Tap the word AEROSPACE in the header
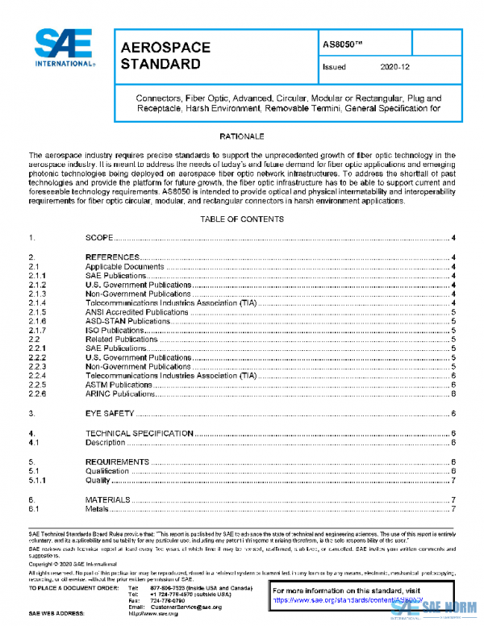click(x=165, y=48)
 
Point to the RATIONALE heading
click(x=242, y=136)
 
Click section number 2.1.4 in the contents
click(x=37, y=302)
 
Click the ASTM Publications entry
click(x=119, y=385)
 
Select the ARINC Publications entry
click(x=121, y=394)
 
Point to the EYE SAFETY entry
click(x=110, y=414)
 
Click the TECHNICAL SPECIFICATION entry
click(x=140, y=433)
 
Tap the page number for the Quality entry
click(x=455, y=481)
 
